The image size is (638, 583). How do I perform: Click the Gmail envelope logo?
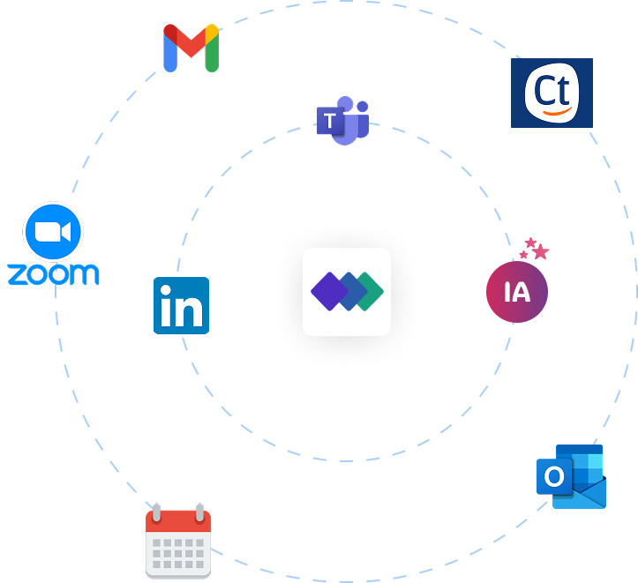click(x=191, y=48)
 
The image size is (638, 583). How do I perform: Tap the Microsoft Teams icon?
click(x=343, y=121)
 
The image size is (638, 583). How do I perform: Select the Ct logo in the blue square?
click(x=552, y=93)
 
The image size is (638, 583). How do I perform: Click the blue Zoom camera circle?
click(x=53, y=232)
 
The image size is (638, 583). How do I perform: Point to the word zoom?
click(x=53, y=273)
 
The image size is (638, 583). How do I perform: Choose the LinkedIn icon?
click(x=181, y=305)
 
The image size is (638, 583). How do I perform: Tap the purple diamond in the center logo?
click(x=328, y=292)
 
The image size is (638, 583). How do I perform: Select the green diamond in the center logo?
click(x=367, y=292)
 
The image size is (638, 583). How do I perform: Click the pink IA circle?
click(x=517, y=292)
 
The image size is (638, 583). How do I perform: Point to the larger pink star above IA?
click(x=540, y=252)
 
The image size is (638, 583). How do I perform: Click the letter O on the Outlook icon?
click(x=554, y=477)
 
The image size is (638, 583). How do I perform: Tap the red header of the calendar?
click(x=178, y=521)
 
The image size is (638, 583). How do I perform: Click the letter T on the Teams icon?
click(x=330, y=121)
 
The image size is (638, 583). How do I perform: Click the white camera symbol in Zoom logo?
click(x=52, y=232)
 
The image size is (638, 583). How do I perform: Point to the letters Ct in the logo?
click(x=552, y=89)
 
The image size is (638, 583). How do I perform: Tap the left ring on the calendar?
click(x=156, y=512)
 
